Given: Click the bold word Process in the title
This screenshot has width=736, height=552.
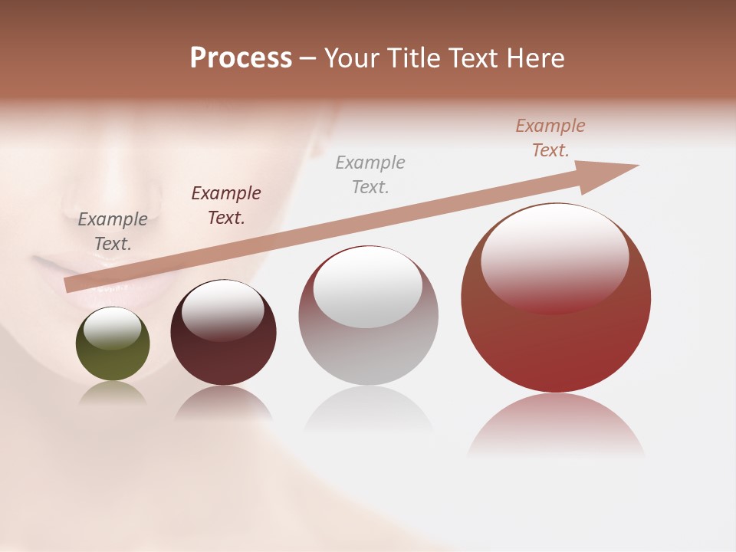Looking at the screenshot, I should click(241, 58).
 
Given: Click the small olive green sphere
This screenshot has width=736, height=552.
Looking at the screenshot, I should click(113, 356).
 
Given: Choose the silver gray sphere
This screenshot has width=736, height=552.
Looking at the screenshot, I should click(368, 345).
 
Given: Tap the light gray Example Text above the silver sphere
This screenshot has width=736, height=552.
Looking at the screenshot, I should click(370, 174).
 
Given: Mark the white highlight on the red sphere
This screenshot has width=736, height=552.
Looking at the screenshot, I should click(554, 257).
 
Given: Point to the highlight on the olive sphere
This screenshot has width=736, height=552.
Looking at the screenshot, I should click(112, 328).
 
